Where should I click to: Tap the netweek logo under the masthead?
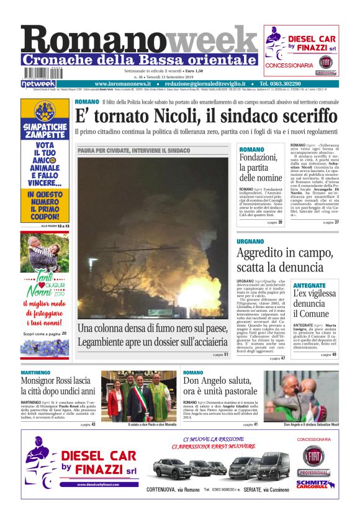point(38,84)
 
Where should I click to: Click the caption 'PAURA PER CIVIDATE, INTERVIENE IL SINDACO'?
point(133,151)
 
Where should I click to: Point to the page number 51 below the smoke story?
point(226,355)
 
